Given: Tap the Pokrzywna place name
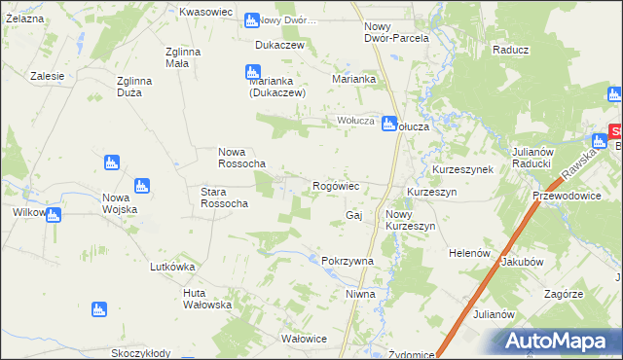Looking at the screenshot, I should [348, 262].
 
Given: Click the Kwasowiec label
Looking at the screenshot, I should [205, 12].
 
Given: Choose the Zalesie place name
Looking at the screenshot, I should [47, 76].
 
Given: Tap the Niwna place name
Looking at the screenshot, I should [359, 293].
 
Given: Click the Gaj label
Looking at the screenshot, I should [354, 214].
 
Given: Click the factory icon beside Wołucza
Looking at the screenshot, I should [388, 124].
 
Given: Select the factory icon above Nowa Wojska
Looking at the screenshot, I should [142, 185].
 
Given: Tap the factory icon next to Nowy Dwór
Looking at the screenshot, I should [252, 19].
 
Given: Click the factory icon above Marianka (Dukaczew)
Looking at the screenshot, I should [252, 71].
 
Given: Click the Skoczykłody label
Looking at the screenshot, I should [141, 353].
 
